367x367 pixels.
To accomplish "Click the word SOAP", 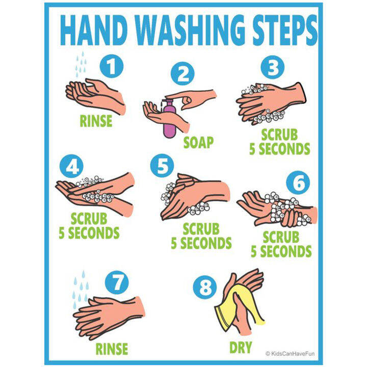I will point(198,142).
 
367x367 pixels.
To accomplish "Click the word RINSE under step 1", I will point(97,121).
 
